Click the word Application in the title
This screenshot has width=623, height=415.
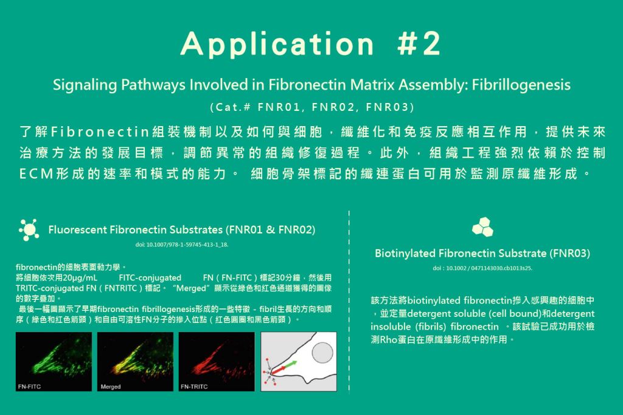(x=277, y=44)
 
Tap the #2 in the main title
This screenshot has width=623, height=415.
(x=419, y=43)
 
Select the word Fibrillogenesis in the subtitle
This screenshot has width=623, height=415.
(x=521, y=85)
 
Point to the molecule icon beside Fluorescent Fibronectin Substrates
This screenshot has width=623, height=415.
(x=29, y=230)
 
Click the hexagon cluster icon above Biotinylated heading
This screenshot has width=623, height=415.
(x=482, y=227)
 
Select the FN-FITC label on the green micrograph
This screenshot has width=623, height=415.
(x=29, y=386)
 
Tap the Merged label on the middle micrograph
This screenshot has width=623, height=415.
(x=111, y=386)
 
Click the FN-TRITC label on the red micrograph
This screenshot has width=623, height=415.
(x=194, y=386)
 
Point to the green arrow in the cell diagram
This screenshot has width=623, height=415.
(x=291, y=364)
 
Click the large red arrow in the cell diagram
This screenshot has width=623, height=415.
(x=279, y=370)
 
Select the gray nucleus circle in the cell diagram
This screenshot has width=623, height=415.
(x=322, y=352)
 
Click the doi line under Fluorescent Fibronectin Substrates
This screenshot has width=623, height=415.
(x=181, y=245)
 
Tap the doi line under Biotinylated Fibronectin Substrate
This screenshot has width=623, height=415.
(x=482, y=268)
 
